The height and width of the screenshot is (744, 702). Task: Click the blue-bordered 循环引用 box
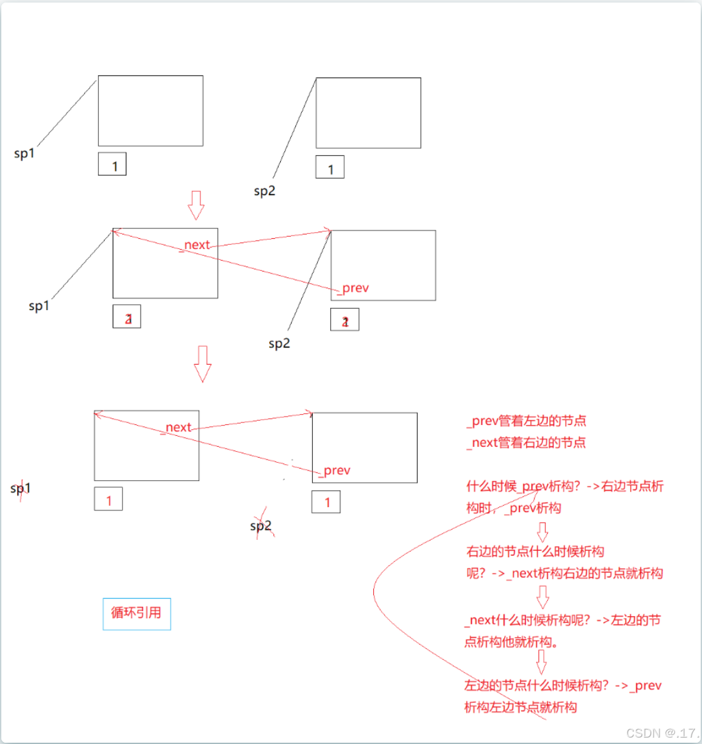pyautogui.click(x=137, y=614)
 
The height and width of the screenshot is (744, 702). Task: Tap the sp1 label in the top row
pyautogui.click(x=24, y=153)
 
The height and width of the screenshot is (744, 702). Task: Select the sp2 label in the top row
pyautogui.click(x=265, y=191)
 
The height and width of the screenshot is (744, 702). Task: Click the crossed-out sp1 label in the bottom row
pyautogui.click(x=21, y=489)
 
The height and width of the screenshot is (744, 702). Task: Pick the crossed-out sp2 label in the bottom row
pyautogui.click(x=261, y=526)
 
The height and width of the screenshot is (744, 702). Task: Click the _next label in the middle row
pyautogui.click(x=196, y=245)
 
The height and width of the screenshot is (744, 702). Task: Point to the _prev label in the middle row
pyautogui.click(x=354, y=288)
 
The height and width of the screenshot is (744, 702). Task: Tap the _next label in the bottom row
pyautogui.click(x=177, y=428)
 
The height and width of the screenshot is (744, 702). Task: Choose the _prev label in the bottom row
pyautogui.click(x=335, y=471)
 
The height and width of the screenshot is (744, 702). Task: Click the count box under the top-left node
pyautogui.click(x=112, y=164)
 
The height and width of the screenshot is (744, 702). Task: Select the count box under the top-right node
pyautogui.click(x=330, y=167)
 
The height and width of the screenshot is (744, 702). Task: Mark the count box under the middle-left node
pyautogui.click(x=127, y=316)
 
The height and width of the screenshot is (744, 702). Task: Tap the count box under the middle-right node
pyautogui.click(x=345, y=320)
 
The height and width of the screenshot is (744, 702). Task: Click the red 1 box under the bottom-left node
pyautogui.click(x=109, y=499)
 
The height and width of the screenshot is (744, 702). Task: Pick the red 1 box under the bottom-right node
pyautogui.click(x=326, y=502)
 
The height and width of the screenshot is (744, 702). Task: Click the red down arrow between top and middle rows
pyautogui.click(x=196, y=205)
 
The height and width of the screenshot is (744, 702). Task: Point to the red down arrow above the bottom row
pyautogui.click(x=203, y=363)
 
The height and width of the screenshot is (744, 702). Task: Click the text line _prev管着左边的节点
pyautogui.click(x=527, y=421)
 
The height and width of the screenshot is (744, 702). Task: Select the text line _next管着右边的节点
pyautogui.click(x=527, y=442)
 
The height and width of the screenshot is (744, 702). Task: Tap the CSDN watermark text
pyautogui.click(x=662, y=733)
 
